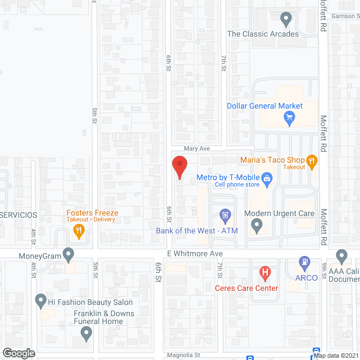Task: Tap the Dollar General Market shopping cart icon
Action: pyautogui.click(x=290, y=118)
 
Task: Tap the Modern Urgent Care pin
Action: pyautogui.click(x=257, y=226)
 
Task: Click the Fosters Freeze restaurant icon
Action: pyautogui.click(x=79, y=229)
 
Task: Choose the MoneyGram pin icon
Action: pyautogui.click(x=69, y=255)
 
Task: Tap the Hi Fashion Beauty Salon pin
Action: pyautogui.click(x=40, y=301)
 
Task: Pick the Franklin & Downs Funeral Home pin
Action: pyautogui.click(x=86, y=334)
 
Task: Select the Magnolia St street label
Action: pyautogui.click(x=184, y=355)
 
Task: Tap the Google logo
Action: pyautogui.click(x=19, y=353)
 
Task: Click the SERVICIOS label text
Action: pyautogui.click(x=19, y=215)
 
